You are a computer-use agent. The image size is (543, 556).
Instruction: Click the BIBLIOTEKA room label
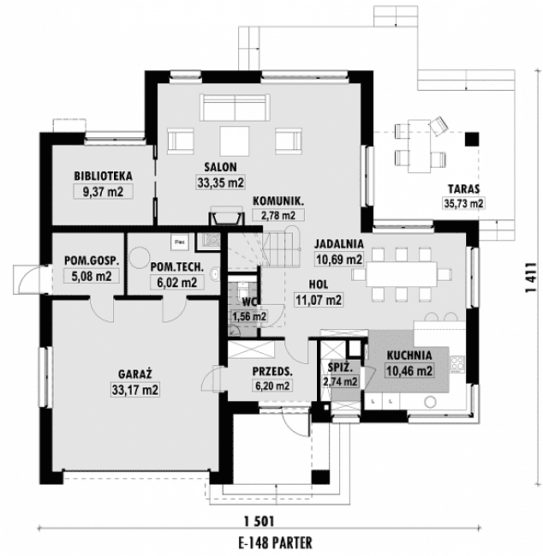coord(103,176)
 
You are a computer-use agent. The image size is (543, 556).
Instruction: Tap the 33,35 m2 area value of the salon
coord(221,182)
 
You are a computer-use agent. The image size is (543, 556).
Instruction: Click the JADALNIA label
coord(339,242)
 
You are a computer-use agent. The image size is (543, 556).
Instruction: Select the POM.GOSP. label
coord(92,260)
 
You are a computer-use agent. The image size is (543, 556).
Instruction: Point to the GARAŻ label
coord(135,374)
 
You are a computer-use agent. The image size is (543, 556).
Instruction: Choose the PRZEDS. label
coord(272,372)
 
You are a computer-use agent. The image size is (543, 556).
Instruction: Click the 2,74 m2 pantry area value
coord(337,382)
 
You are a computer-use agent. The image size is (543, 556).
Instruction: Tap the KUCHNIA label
coord(409,356)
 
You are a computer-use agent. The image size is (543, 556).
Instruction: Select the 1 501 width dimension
coord(258,521)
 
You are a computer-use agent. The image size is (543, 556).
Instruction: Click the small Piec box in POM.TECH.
coord(179,242)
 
